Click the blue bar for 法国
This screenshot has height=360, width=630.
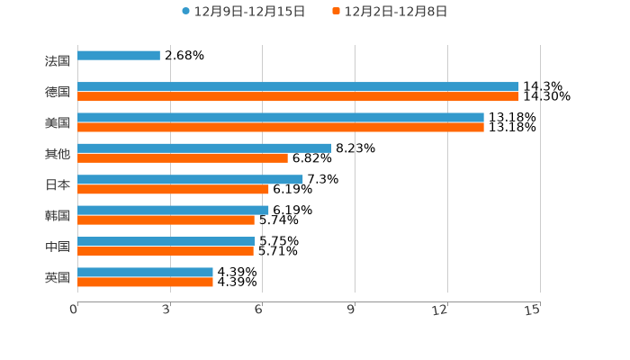click(x=119, y=56)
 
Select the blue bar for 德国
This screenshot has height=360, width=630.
click(x=298, y=87)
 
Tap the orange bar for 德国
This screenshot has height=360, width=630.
click(x=298, y=96)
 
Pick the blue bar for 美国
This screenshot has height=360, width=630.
click(x=281, y=118)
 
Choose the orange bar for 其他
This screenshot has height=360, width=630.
click(x=183, y=158)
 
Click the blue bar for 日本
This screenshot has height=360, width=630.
click(x=190, y=179)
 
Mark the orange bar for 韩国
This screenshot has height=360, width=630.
click(x=166, y=220)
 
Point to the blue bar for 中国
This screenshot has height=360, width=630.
click(x=166, y=241)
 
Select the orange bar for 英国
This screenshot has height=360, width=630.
click(x=145, y=282)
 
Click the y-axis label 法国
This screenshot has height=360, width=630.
click(x=58, y=61)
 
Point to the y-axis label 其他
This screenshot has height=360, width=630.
click(x=58, y=154)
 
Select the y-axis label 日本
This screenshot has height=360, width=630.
click(x=58, y=184)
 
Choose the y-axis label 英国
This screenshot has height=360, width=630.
click(x=58, y=277)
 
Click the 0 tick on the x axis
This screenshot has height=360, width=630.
click(x=75, y=310)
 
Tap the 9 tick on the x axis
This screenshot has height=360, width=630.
click(x=352, y=310)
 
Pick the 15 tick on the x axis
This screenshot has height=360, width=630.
click(x=533, y=310)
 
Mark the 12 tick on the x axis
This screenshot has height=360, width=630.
click(x=440, y=310)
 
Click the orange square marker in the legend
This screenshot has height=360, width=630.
click(x=336, y=12)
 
